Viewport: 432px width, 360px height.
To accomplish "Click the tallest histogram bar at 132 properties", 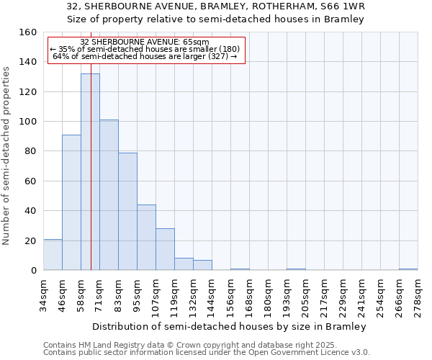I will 90,172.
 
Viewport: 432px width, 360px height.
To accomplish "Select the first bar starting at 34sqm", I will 53,255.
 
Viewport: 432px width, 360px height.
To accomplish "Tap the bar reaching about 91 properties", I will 71,202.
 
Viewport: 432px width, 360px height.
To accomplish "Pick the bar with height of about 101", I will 109,195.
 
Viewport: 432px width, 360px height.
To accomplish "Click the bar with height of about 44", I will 146,238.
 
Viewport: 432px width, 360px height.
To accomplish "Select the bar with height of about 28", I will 165,249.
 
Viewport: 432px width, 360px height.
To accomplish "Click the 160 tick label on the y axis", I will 28,32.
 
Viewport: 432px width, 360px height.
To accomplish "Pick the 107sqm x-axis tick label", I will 156,295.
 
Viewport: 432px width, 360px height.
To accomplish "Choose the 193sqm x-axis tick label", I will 287,295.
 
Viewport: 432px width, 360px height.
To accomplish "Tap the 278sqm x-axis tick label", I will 418,295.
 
